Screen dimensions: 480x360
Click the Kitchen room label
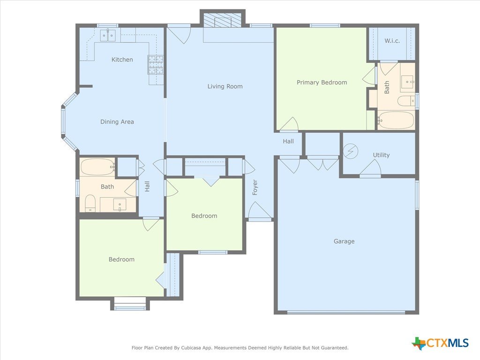pyautogui.click(x=122, y=60)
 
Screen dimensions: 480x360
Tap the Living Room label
pyautogui.click(x=225, y=86)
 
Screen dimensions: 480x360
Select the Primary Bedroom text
pyautogui.click(x=322, y=82)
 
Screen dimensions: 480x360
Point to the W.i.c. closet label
pyautogui.click(x=392, y=41)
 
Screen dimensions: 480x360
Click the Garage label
pyautogui.click(x=344, y=241)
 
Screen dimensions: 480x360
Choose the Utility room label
pyautogui.click(x=381, y=155)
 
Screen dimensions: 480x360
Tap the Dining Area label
pyautogui.click(x=117, y=122)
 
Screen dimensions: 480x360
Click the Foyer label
pyautogui.click(x=255, y=187)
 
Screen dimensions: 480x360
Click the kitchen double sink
pyautogui.click(x=108, y=36)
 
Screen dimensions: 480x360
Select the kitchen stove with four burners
pyautogui.click(x=156, y=65)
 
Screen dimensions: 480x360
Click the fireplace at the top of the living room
pyautogui.click(x=223, y=20)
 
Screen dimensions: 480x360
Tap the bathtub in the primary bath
pyautogui.click(x=396, y=120)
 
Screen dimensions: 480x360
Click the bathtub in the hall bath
pyautogui.click(x=98, y=167)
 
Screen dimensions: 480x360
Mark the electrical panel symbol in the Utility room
pyautogui.click(x=351, y=151)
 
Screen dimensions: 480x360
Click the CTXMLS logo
pyautogui.click(x=440, y=343)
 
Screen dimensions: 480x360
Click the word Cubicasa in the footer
pyautogui.click(x=190, y=348)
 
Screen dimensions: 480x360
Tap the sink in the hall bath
pyautogui.click(x=120, y=205)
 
